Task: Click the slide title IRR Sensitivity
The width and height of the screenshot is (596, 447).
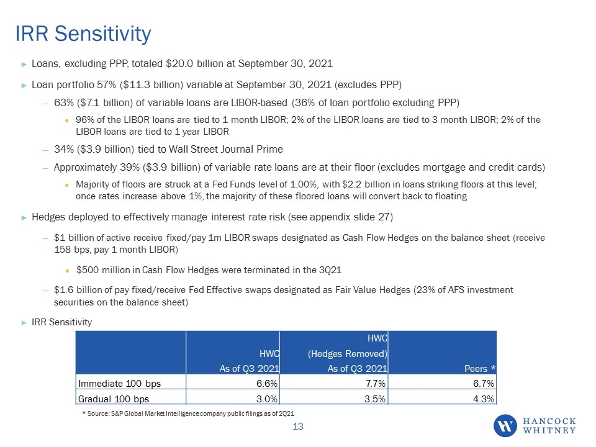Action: (x=83, y=34)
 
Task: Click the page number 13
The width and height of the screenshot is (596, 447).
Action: (x=298, y=427)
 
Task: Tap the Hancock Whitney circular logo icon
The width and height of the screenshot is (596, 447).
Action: (x=505, y=426)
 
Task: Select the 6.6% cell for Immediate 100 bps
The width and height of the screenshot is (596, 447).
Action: (x=267, y=384)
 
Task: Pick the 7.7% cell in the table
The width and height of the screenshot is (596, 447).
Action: (x=376, y=384)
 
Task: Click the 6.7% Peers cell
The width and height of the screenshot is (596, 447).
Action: (x=484, y=384)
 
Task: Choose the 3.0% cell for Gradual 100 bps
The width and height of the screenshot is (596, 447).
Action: (x=267, y=399)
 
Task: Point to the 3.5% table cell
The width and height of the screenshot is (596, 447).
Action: (x=375, y=399)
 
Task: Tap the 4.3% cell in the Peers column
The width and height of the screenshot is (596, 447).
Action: (x=484, y=399)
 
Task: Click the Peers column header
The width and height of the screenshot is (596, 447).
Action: (x=480, y=369)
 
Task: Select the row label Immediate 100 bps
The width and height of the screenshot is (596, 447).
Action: (x=119, y=384)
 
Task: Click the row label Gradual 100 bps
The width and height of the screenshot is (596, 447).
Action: (x=113, y=399)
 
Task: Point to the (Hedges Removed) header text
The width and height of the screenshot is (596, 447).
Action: (x=348, y=354)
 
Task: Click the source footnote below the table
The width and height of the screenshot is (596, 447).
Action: (x=188, y=413)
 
